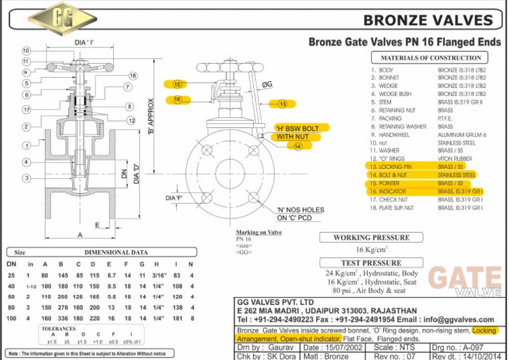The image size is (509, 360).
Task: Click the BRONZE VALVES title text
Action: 428,20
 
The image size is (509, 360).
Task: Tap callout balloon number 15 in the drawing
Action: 177,84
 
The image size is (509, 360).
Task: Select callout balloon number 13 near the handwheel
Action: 282,104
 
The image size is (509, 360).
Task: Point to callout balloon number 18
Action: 133,76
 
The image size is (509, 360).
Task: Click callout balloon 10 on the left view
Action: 26,51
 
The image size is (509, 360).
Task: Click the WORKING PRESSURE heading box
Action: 371,237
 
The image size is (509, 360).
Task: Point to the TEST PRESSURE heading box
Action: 372,263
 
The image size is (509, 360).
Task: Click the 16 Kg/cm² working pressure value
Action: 371,250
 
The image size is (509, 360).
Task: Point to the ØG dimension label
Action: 268,84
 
